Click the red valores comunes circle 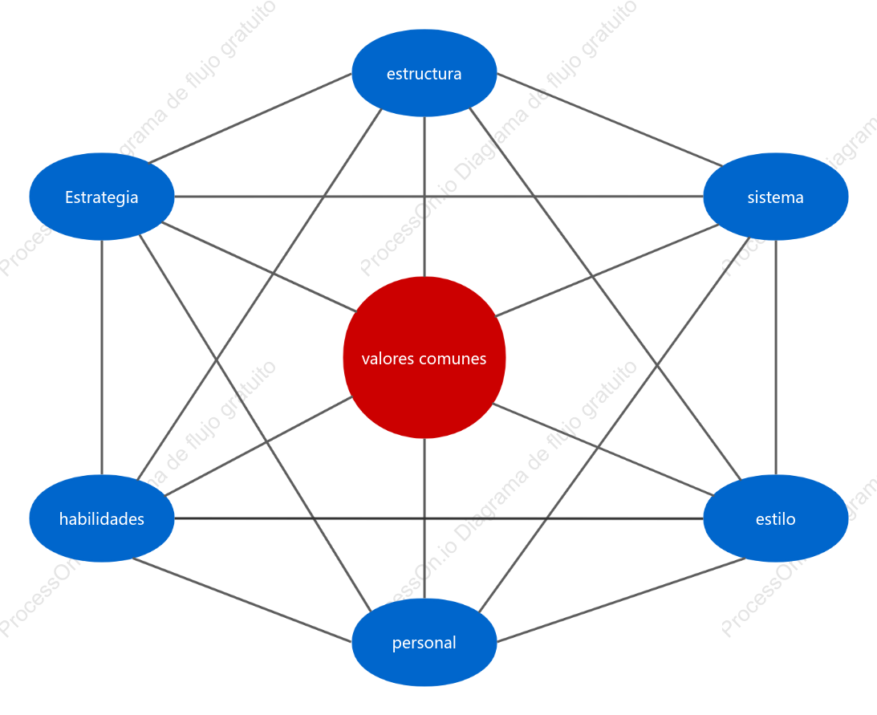coord(424,358)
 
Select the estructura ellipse coord(424,73)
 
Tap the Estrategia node coord(102,197)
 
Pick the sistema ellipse coord(775,197)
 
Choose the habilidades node coord(102,518)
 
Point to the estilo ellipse coord(775,518)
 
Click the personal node coord(424,642)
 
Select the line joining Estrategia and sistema coord(438,197)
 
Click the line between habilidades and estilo coord(438,518)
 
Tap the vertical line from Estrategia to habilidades coord(102,358)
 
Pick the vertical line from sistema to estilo coord(775,358)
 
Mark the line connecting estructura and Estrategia coord(250,118)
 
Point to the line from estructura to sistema coord(610,120)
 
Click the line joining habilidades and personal coord(242,599)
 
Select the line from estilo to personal coord(621,599)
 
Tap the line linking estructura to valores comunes coord(424,197)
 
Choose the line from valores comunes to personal coord(424,518)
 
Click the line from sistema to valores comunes coord(607,270)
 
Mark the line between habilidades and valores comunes coord(258,446)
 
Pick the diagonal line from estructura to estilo coord(605,294)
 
